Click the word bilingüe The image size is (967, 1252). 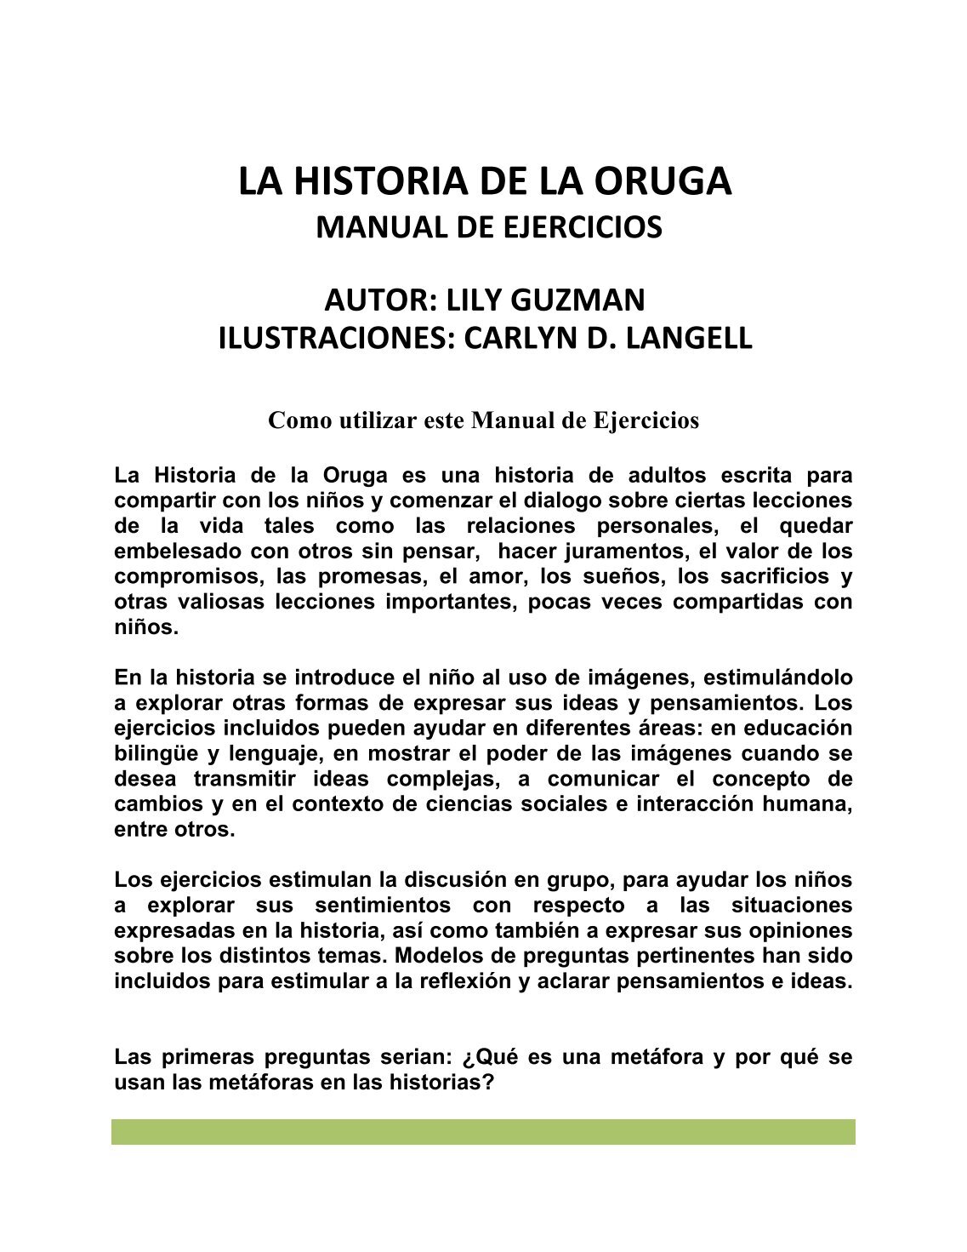coord(156,753)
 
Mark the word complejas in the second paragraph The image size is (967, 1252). coord(449,779)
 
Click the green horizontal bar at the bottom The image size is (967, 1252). coord(483,1132)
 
